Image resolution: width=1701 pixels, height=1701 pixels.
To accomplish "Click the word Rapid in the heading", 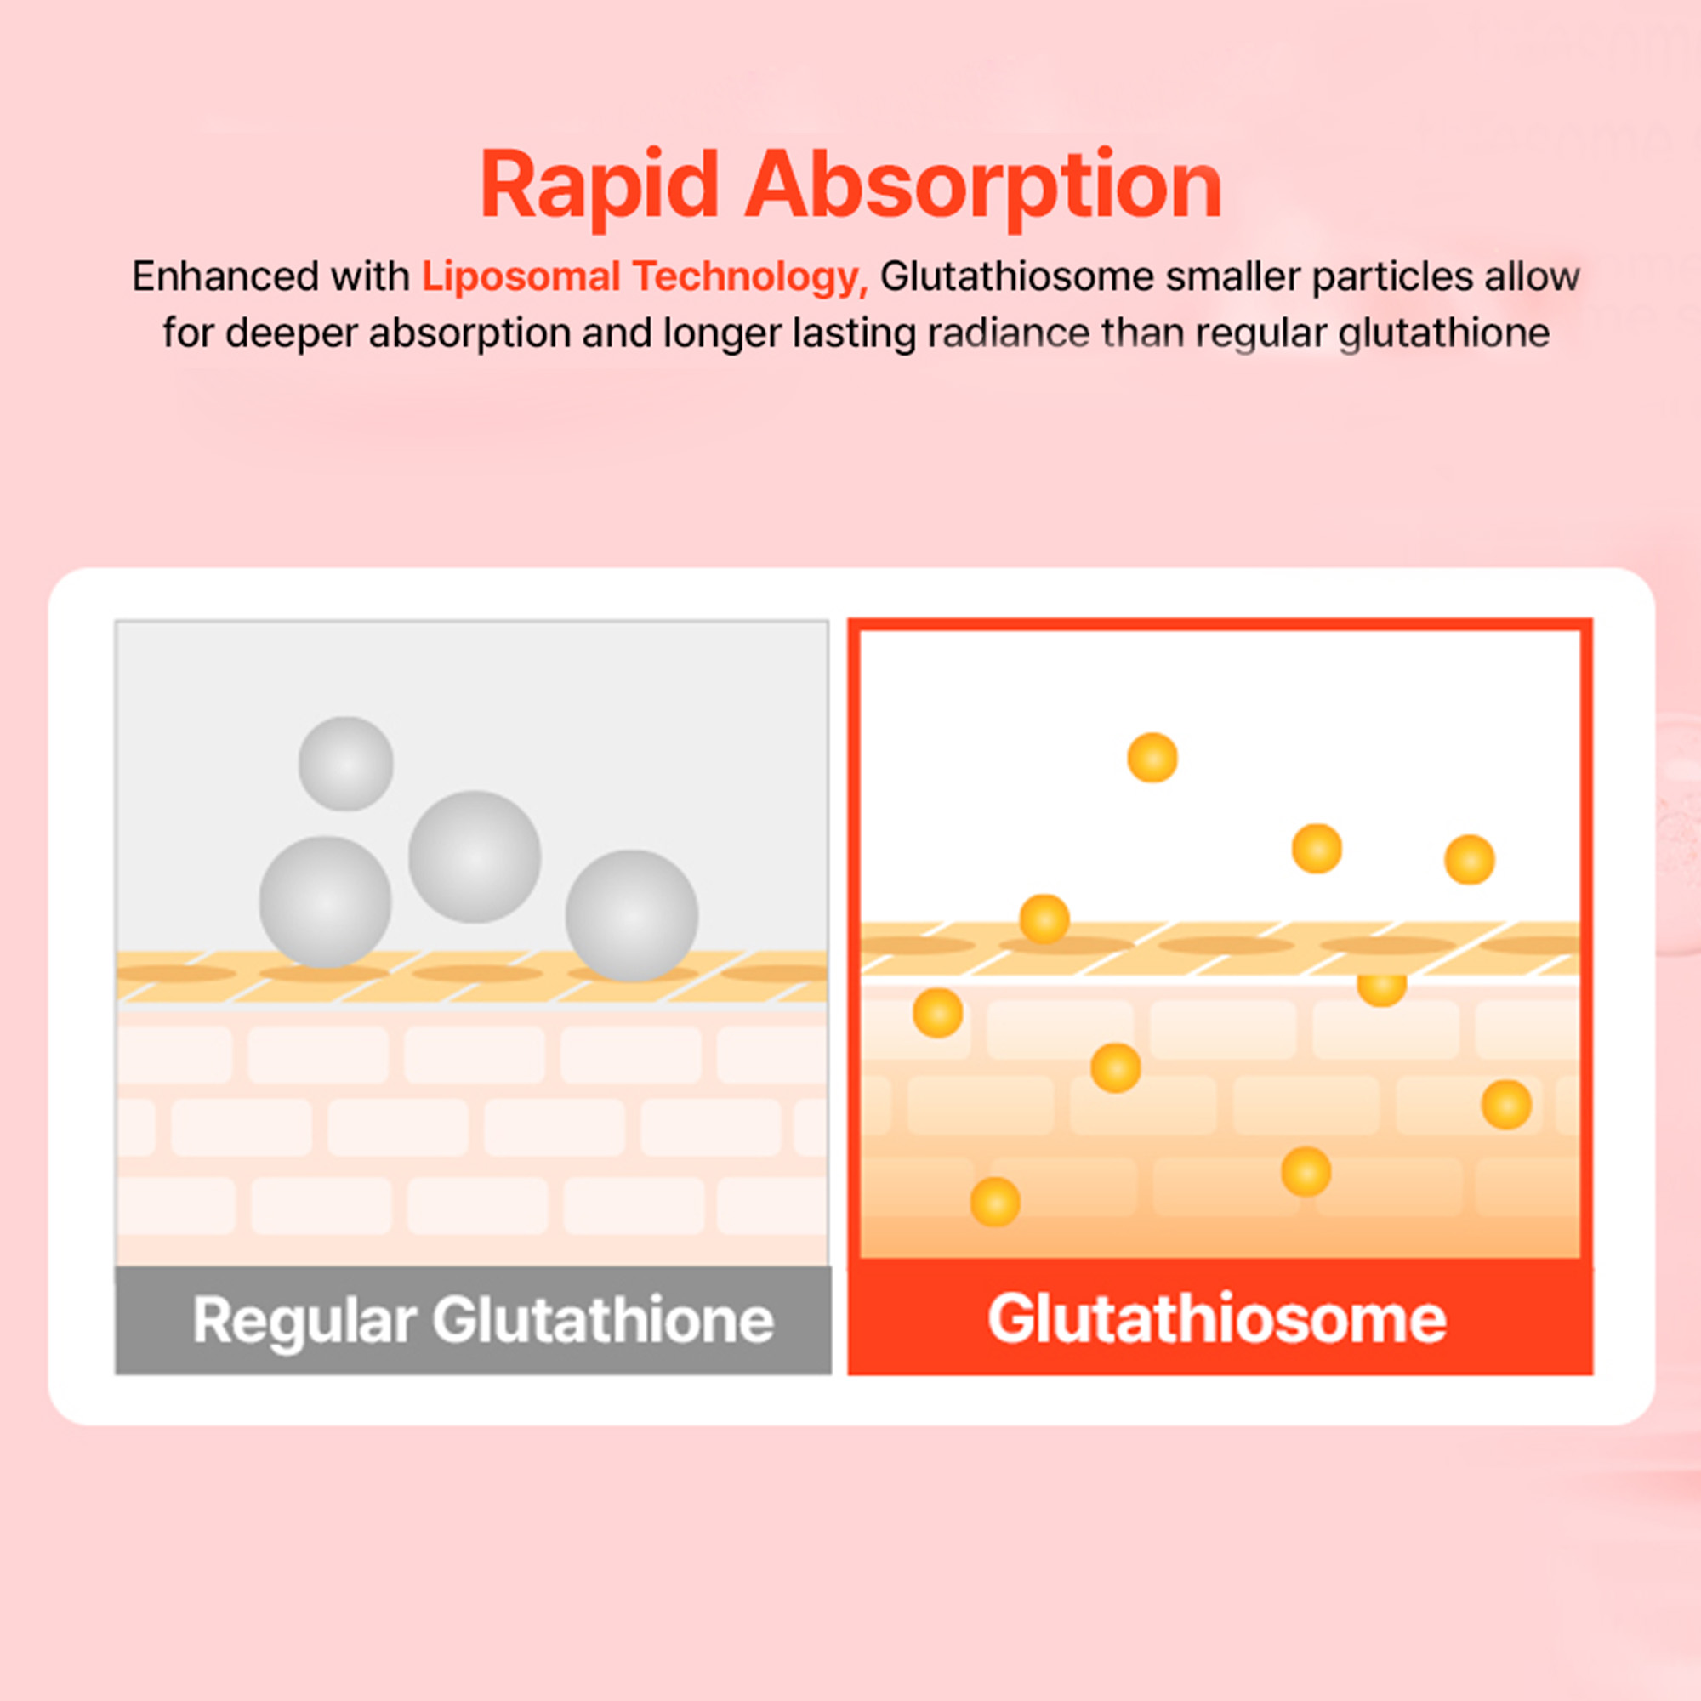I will coord(600,185).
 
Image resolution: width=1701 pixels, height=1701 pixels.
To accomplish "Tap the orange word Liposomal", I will coord(521,276).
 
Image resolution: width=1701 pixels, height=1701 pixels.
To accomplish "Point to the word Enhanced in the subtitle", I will coord(225,276).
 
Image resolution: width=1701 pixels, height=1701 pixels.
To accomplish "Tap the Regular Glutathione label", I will coord(482,1321).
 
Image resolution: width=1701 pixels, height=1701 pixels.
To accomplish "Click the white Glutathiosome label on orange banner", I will coord(1217,1319).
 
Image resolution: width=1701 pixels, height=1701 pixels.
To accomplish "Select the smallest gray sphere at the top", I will coord(346,764).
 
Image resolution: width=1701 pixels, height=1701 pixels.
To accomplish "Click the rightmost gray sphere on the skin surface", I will coord(631,916).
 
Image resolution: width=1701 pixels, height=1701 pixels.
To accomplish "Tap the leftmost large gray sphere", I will coord(325,902).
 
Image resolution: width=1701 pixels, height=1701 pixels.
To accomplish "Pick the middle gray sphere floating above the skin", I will coord(475,856).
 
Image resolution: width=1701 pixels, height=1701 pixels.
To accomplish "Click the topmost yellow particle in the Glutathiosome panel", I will coord(1152,757).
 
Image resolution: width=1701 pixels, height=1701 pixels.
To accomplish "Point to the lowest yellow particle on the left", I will coord(995,1202).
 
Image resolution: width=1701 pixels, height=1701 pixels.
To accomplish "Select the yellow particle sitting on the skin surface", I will coord(1044,919).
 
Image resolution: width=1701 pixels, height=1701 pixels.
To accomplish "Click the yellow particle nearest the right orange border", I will coord(1506,1105).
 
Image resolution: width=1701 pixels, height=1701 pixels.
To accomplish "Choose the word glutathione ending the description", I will coord(1443,333).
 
